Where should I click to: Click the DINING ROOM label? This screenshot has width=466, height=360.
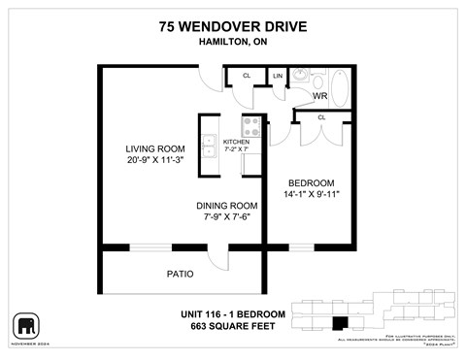(226, 206)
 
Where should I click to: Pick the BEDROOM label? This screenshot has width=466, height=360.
(312, 182)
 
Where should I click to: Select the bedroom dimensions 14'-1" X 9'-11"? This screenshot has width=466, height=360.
(312, 195)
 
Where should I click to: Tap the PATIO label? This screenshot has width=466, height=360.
(179, 274)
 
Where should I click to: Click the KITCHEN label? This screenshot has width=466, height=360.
(236, 143)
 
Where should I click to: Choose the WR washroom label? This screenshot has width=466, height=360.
(319, 96)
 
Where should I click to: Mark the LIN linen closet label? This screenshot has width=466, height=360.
(278, 76)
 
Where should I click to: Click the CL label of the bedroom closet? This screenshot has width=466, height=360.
(320, 117)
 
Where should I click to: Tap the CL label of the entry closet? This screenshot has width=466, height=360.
(247, 76)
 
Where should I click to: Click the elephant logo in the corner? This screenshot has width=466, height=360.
(26, 326)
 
